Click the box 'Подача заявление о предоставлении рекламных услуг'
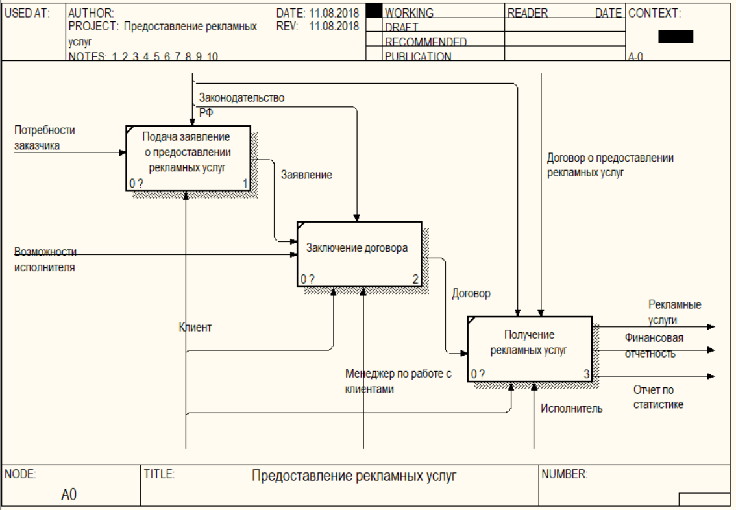[188, 158]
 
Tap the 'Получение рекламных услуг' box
[529, 348]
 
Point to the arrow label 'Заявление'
[306, 175]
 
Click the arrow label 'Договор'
[471, 293]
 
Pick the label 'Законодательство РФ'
[241, 104]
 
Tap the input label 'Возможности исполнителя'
[45, 259]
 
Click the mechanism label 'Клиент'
[195, 328]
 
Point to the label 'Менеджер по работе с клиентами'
[398, 382]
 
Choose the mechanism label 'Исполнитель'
[571, 409]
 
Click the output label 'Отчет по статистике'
[658, 397]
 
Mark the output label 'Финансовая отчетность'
[654, 345]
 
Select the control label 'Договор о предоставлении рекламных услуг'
[610, 165]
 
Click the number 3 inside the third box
[586, 374]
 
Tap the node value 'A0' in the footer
[69, 495]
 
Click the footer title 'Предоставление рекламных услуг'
[354, 477]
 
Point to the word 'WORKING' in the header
[409, 13]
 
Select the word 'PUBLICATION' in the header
[417, 56]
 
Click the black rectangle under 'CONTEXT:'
[675, 37]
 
